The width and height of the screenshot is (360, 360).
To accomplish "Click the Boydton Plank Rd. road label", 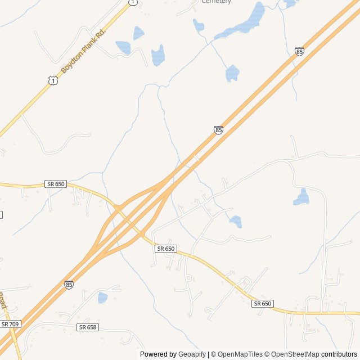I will [83, 51].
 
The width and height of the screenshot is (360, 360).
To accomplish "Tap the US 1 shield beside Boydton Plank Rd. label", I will [52, 81].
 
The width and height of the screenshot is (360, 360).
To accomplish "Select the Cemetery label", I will [217, 2].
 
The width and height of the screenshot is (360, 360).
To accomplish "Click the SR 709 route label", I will [10, 324].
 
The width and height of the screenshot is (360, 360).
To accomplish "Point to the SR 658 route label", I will [88, 327].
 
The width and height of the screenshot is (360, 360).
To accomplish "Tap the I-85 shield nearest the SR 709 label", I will [69, 285].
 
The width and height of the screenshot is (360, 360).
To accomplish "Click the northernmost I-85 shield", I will [299, 52].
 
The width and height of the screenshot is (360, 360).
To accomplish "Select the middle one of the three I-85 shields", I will [218, 130].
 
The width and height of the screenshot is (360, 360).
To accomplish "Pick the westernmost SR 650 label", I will [56, 184].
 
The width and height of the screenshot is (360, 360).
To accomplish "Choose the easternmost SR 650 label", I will [263, 304].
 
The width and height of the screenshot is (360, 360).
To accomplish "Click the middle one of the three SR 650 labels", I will [166, 248].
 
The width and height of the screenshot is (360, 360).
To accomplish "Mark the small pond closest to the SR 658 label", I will [102, 298].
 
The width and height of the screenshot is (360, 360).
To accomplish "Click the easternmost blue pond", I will [302, 197].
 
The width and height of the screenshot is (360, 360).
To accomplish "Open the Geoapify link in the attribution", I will [192, 354].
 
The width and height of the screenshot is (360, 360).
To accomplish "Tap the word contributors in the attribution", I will [339, 354].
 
